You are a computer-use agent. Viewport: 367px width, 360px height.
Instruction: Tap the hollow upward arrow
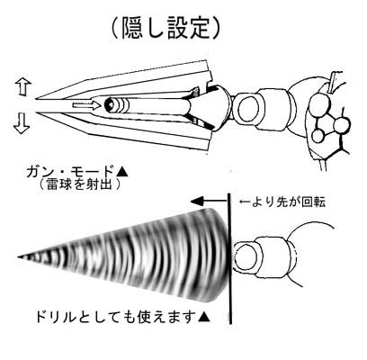pos(22,87)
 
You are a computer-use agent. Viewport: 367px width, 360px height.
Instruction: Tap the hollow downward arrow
pos(22,124)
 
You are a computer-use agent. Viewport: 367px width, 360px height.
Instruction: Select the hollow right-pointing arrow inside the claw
pos(86,105)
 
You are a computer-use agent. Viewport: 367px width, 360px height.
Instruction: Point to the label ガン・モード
pos(70,172)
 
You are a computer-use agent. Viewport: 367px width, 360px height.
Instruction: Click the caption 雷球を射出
pos(79,184)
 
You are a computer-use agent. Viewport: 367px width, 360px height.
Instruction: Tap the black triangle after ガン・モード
pos(122,172)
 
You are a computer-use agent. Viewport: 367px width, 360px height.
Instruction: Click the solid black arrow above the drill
pos(209,201)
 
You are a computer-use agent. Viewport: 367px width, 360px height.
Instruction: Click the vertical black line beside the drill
pos(230,258)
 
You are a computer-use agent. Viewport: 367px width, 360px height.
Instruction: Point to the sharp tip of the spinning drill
pos(18,257)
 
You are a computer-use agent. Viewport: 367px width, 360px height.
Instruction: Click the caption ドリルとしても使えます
pos(114,317)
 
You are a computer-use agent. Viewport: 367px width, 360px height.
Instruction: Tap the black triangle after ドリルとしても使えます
pos(203,317)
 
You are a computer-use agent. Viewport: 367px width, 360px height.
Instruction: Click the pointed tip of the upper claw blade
pos(36,98)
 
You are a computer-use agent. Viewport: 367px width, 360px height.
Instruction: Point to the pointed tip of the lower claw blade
pos(37,112)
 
